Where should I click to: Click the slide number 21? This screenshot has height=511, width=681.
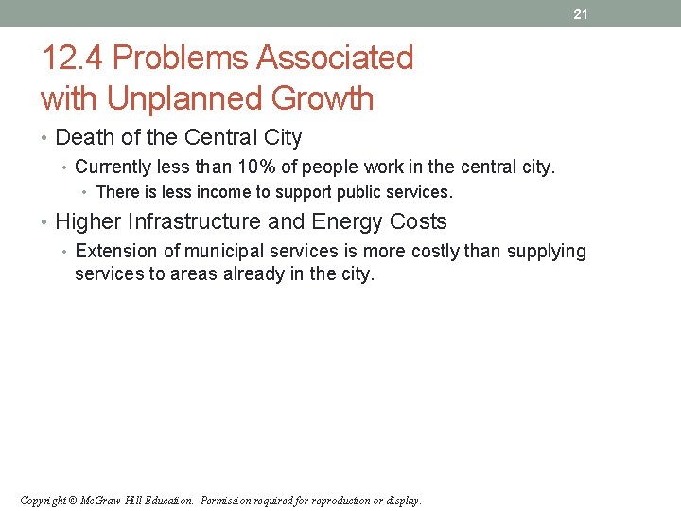(580, 14)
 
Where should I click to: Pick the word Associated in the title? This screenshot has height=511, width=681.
(336, 59)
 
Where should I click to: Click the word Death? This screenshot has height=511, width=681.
(82, 138)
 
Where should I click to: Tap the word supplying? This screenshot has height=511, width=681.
(546, 252)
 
